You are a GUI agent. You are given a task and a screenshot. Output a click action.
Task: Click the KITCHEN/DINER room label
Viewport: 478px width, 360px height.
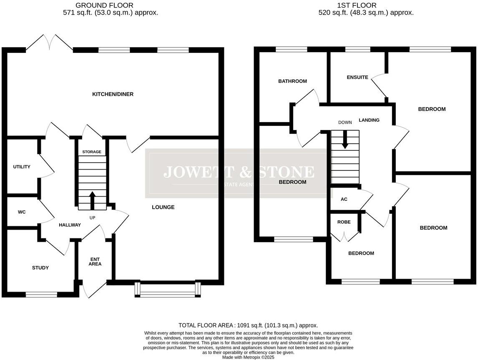pyautogui.click(x=113, y=94)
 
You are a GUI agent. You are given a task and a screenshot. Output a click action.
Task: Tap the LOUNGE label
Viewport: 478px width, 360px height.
pyautogui.click(x=163, y=207)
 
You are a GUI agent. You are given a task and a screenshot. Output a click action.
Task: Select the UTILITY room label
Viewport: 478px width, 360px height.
pyautogui.click(x=22, y=167)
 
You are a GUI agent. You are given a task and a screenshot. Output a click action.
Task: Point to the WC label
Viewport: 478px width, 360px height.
pyautogui.click(x=22, y=212)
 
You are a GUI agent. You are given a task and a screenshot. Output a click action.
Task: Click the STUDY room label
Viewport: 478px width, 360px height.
pyautogui.click(x=40, y=268)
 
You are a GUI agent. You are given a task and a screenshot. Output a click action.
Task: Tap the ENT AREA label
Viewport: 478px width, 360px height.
pyautogui.click(x=95, y=261)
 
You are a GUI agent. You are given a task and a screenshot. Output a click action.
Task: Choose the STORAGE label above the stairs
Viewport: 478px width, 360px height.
pyautogui.click(x=92, y=152)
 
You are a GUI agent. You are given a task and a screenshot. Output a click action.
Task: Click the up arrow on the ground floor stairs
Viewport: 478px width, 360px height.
pyautogui.click(x=92, y=199)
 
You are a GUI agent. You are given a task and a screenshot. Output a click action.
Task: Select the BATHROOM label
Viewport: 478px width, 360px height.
pyautogui.click(x=292, y=81)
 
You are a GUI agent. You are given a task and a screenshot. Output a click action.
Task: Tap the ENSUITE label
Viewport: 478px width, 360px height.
pyautogui.click(x=357, y=77)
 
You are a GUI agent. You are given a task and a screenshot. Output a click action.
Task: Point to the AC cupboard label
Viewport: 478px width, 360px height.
pyautogui.click(x=344, y=199)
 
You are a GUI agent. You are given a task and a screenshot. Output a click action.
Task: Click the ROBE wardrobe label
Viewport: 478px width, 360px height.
pyautogui.click(x=344, y=222)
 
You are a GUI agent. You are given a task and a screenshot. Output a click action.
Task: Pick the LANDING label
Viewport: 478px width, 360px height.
pyautogui.click(x=369, y=120)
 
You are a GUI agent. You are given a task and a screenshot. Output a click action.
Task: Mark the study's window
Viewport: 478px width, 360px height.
pyautogui.click(x=41, y=295)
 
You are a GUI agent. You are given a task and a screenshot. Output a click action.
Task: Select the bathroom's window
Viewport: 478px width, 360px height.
pyautogui.click(x=291, y=50)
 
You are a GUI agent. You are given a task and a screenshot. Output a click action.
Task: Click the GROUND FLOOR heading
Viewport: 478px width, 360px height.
pyautogui.click(x=104, y=5)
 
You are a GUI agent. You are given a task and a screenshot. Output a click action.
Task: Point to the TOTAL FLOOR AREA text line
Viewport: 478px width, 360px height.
pyautogui.click(x=248, y=325)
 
